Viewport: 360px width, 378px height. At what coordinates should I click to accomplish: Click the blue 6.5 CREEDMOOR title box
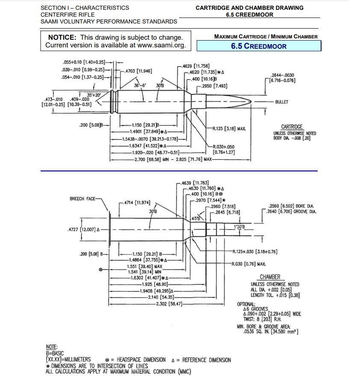click(259, 46)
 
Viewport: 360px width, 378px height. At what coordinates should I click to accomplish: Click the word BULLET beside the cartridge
click(282, 102)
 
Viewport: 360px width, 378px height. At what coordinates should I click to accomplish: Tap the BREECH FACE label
click(84, 199)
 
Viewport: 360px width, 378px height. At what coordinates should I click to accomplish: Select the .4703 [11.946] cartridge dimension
click(137, 71)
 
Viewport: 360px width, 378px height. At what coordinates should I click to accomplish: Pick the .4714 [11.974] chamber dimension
click(137, 202)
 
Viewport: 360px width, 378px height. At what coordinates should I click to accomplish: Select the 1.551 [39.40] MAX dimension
click(145, 266)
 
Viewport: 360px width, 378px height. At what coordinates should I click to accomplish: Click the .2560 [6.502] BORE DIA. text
click(290, 205)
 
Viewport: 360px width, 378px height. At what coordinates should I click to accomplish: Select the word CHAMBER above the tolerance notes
click(270, 277)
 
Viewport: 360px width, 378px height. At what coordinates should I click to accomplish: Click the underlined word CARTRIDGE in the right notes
click(292, 127)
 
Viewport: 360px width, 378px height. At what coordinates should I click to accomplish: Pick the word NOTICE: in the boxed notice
click(62, 38)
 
